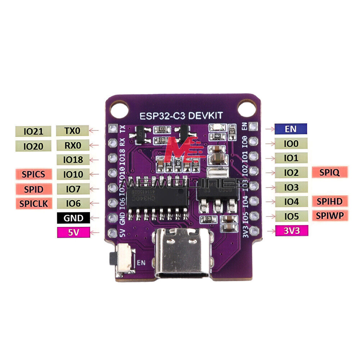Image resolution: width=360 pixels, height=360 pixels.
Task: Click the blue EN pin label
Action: point(291,129)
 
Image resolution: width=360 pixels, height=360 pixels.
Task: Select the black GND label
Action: point(73,218)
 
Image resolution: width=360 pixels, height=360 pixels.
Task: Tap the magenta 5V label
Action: point(73,233)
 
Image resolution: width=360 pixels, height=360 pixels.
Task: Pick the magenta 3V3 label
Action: point(292,231)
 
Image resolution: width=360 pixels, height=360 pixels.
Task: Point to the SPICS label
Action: point(33,174)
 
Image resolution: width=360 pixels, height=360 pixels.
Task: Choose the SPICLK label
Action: point(33,203)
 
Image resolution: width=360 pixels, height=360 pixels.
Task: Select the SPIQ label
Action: point(330,172)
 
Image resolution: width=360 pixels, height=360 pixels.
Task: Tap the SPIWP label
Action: point(330,216)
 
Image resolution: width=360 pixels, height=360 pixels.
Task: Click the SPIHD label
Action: point(330,201)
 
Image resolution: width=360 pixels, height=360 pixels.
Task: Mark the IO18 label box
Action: point(73,159)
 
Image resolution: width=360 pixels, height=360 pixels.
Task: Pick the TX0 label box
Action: point(73,131)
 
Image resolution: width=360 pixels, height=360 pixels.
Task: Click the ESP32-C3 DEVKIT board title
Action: point(181,115)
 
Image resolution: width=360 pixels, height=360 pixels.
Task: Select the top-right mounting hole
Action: point(248,107)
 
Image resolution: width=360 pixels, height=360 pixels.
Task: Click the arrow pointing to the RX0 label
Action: point(94,145)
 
